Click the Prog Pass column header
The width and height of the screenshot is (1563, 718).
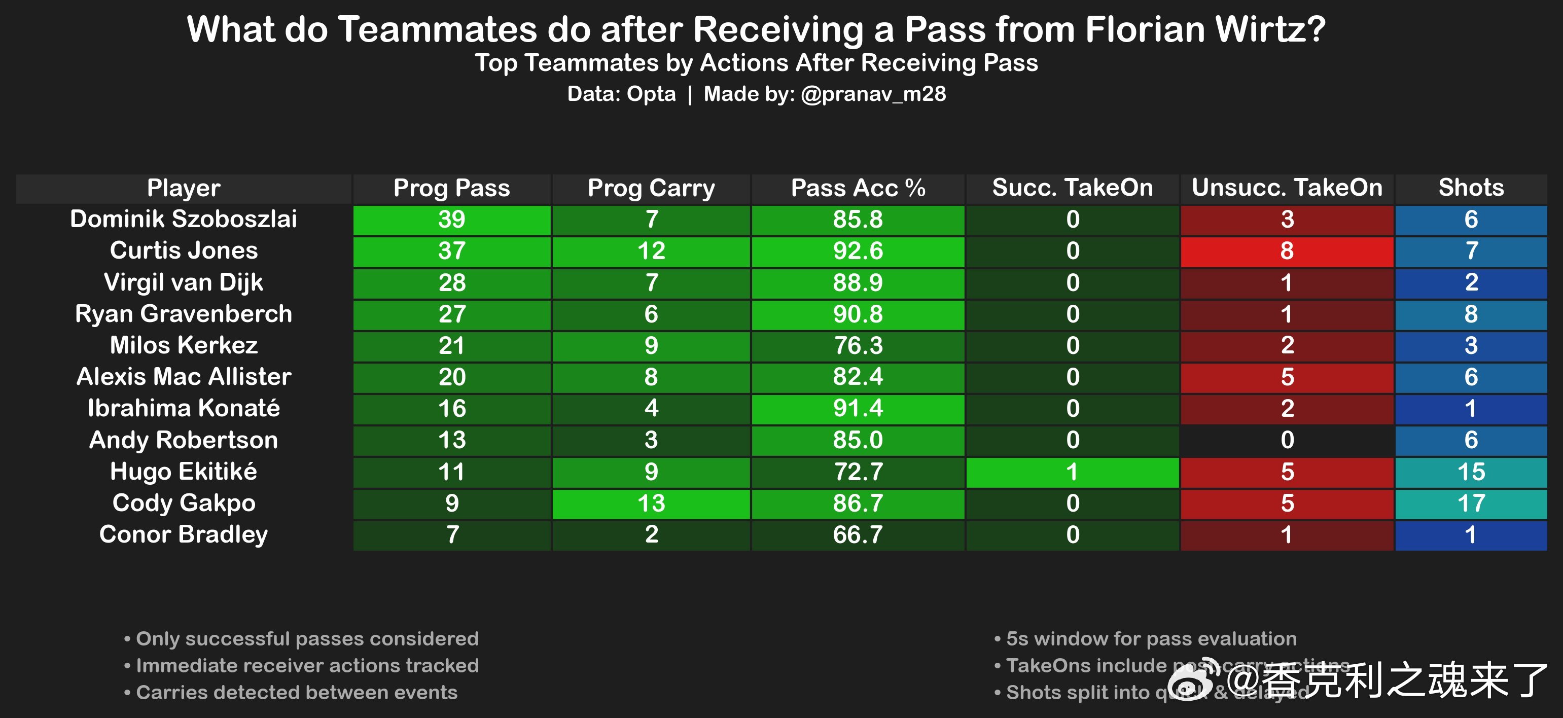(x=451, y=188)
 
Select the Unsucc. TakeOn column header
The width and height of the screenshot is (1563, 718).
(x=1287, y=188)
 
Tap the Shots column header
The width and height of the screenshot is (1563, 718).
(x=1471, y=188)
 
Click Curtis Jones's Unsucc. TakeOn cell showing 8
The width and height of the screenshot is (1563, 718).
(x=1287, y=251)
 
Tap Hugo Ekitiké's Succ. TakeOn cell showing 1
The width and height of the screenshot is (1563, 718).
(x=1072, y=472)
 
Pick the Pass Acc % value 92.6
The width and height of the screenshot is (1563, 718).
(x=858, y=251)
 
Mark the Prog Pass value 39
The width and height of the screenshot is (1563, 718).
(x=451, y=220)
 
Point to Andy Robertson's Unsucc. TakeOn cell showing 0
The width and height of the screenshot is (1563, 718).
(x=1287, y=440)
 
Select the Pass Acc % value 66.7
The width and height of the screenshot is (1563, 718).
(x=858, y=535)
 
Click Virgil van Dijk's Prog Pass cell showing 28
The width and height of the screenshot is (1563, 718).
(x=451, y=282)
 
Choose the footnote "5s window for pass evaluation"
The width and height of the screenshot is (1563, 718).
(x=1151, y=638)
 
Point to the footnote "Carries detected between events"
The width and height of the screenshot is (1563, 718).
(x=297, y=693)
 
